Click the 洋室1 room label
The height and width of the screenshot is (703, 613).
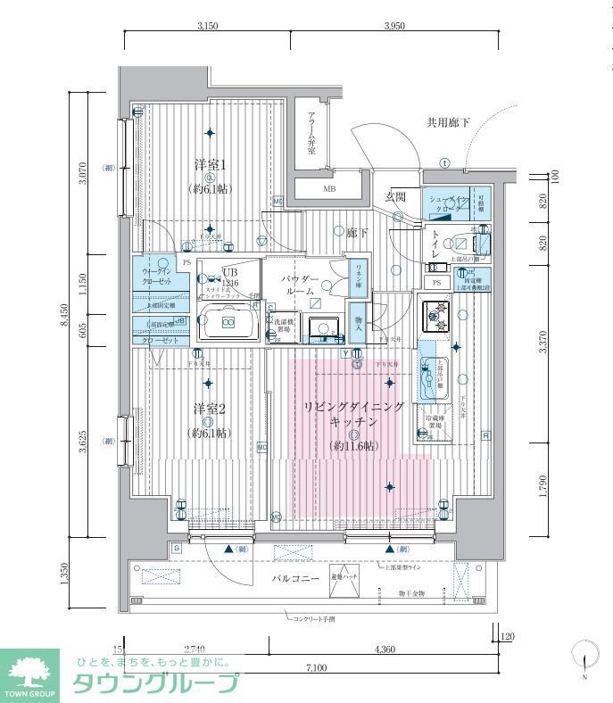211,165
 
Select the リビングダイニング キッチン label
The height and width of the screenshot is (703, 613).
353,412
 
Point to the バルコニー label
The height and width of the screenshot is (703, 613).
295,579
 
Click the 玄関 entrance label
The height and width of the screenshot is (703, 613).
395,196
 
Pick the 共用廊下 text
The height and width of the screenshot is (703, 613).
447,122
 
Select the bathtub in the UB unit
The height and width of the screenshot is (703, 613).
227,322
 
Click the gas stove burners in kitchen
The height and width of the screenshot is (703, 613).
436,313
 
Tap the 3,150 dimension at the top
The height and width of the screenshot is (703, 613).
207,26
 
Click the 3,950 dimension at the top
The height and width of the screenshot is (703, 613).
393,26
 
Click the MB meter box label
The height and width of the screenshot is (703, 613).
328,189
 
